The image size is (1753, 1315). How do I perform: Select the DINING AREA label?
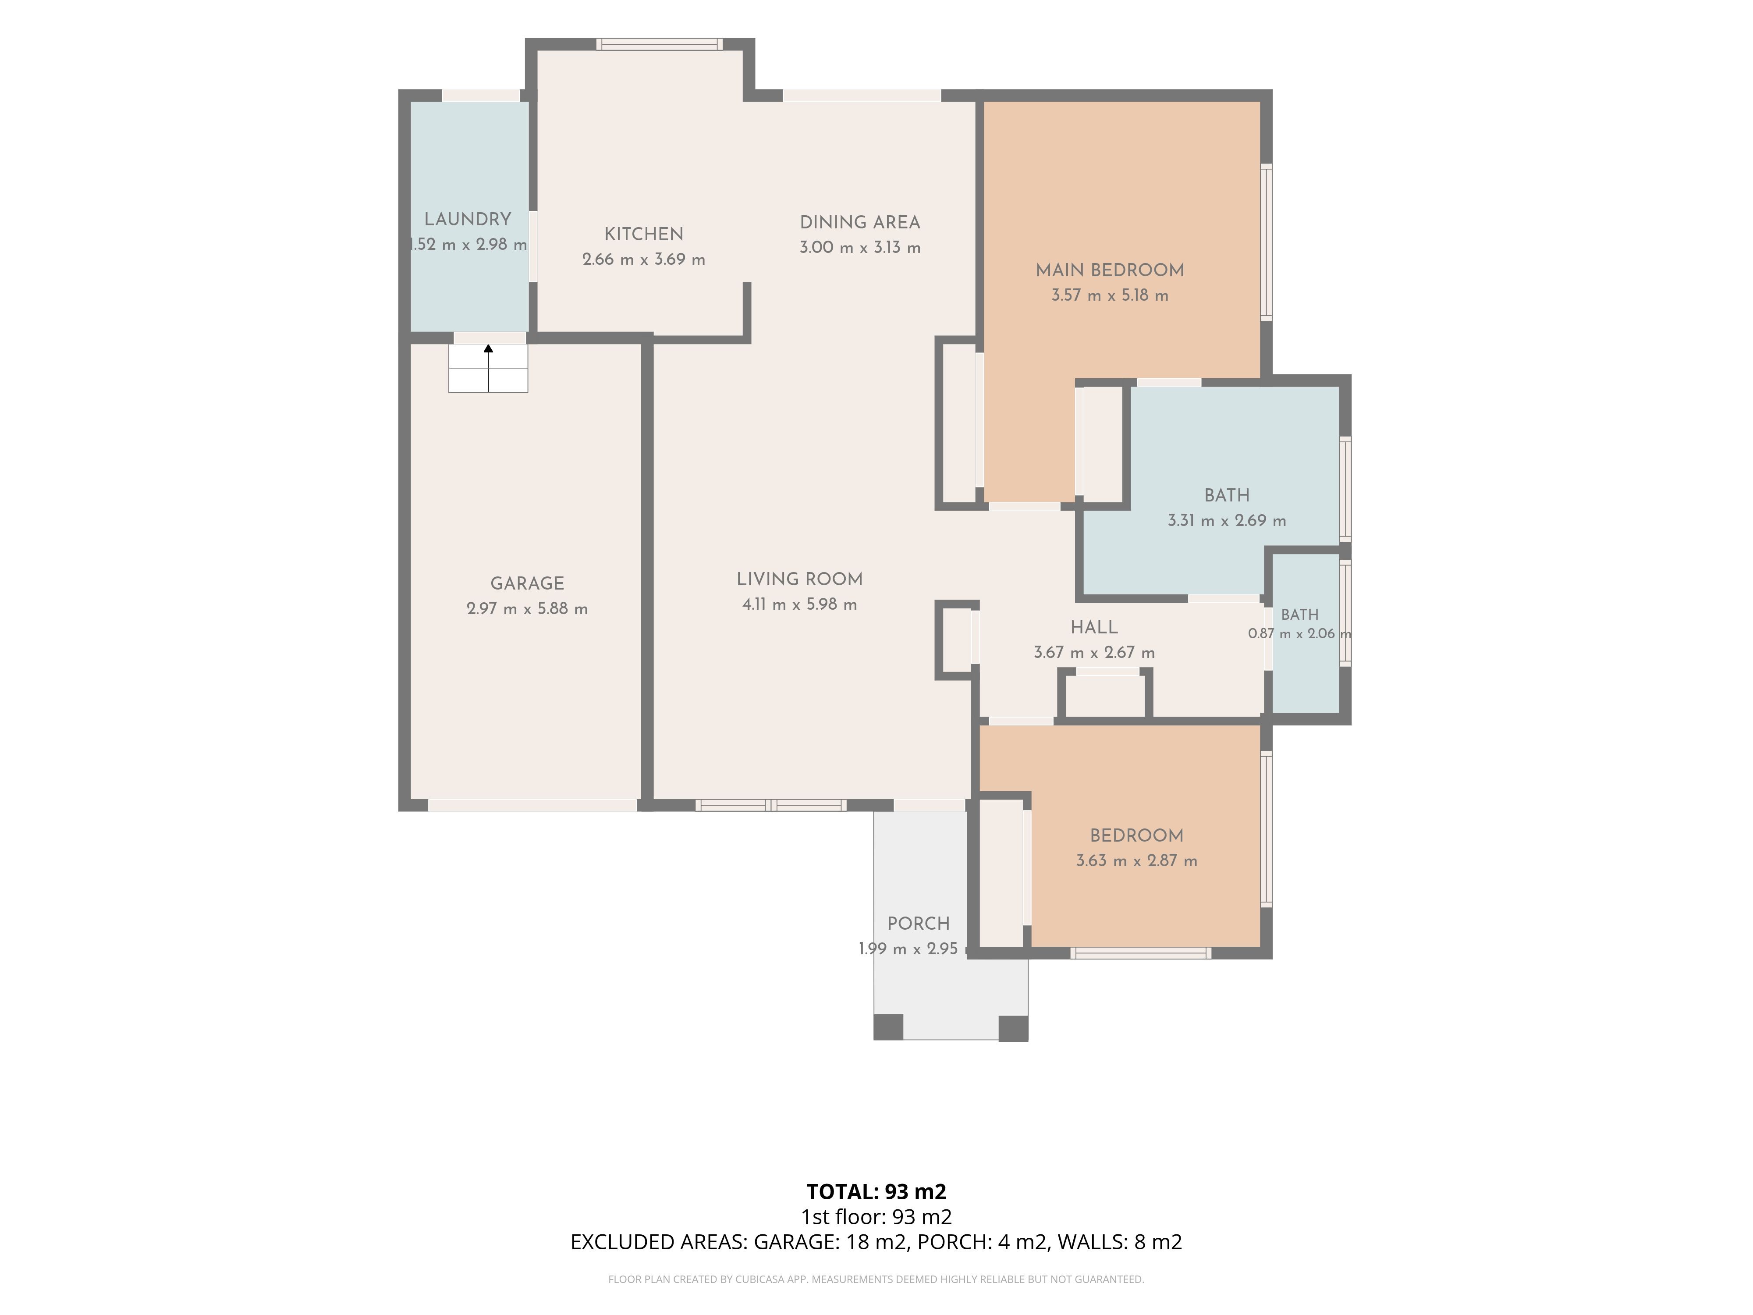tap(860, 223)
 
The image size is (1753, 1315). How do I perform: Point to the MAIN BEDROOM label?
tap(1110, 270)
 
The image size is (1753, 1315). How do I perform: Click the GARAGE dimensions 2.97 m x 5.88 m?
tap(527, 609)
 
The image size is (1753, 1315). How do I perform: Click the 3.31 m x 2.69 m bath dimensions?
tap(1227, 521)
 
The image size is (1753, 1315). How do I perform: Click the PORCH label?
tap(919, 924)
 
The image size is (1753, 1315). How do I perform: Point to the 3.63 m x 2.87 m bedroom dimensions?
tap(1136, 861)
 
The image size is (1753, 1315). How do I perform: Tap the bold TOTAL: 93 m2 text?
tap(876, 1191)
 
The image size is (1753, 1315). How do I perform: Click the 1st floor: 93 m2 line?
tap(876, 1217)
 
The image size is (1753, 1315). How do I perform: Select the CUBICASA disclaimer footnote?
tap(876, 1279)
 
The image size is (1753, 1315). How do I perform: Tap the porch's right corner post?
tap(1014, 1028)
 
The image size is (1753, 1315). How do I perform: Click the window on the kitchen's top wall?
tap(660, 44)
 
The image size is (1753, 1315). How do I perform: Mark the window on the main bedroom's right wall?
tap(1267, 242)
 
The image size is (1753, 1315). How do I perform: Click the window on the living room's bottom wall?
tap(771, 805)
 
